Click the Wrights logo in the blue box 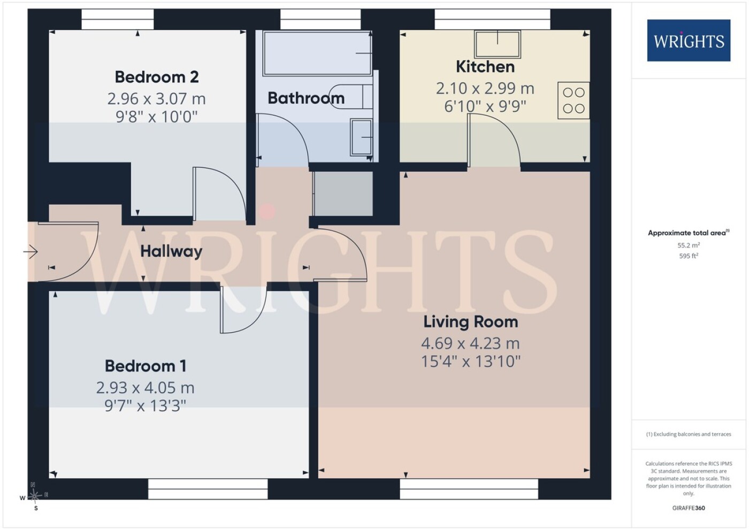(689, 41)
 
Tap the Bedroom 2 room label (157, 77)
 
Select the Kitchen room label (486, 67)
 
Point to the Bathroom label (306, 98)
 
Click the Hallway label (171, 251)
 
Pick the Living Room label (471, 322)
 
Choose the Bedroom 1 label (146, 366)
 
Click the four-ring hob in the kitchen (574, 101)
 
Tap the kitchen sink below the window (498, 44)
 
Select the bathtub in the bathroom (317, 53)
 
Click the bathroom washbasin (362, 137)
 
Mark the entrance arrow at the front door (30, 251)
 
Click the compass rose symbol (34, 496)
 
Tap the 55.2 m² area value (689, 245)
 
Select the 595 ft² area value (689, 256)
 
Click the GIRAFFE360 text (689, 508)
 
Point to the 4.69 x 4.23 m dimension (470, 343)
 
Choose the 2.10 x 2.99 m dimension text (485, 89)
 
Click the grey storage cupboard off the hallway (343, 194)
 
